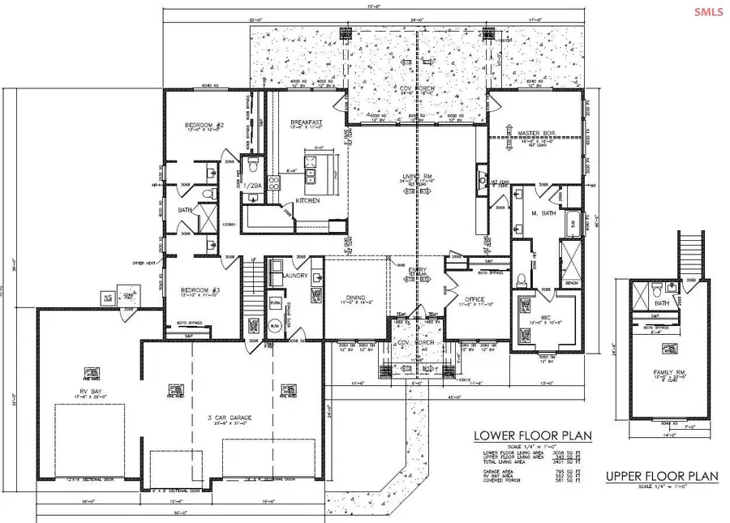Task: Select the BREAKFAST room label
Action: [x=307, y=123]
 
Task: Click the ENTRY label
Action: [x=417, y=271]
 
